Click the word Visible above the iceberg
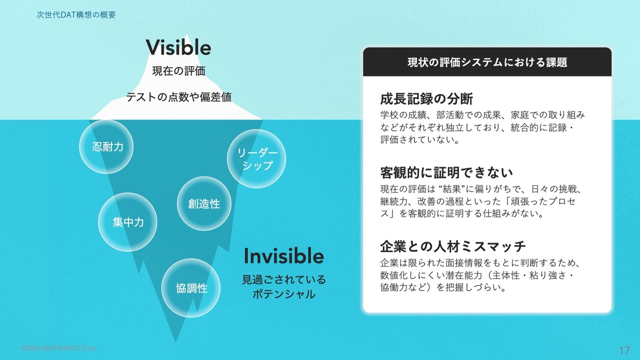click(178, 47)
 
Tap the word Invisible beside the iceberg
click(283, 256)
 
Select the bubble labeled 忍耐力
click(106, 146)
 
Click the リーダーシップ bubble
click(256, 159)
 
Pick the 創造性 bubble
click(204, 203)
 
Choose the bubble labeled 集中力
click(127, 222)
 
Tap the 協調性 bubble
click(191, 288)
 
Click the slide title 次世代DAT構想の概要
click(76, 15)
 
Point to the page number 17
click(624, 350)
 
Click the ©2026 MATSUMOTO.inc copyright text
click(59, 348)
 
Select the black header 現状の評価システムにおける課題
click(487, 62)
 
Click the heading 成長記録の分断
click(426, 99)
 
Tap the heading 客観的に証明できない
click(446, 172)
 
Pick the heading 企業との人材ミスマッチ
click(453, 246)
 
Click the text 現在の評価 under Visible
click(179, 71)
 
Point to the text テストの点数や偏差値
click(179, 97)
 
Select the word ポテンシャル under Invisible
click(283, 294)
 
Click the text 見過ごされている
click(283, 279)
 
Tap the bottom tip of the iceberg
click(175, 341)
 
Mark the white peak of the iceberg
click(187, 35)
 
